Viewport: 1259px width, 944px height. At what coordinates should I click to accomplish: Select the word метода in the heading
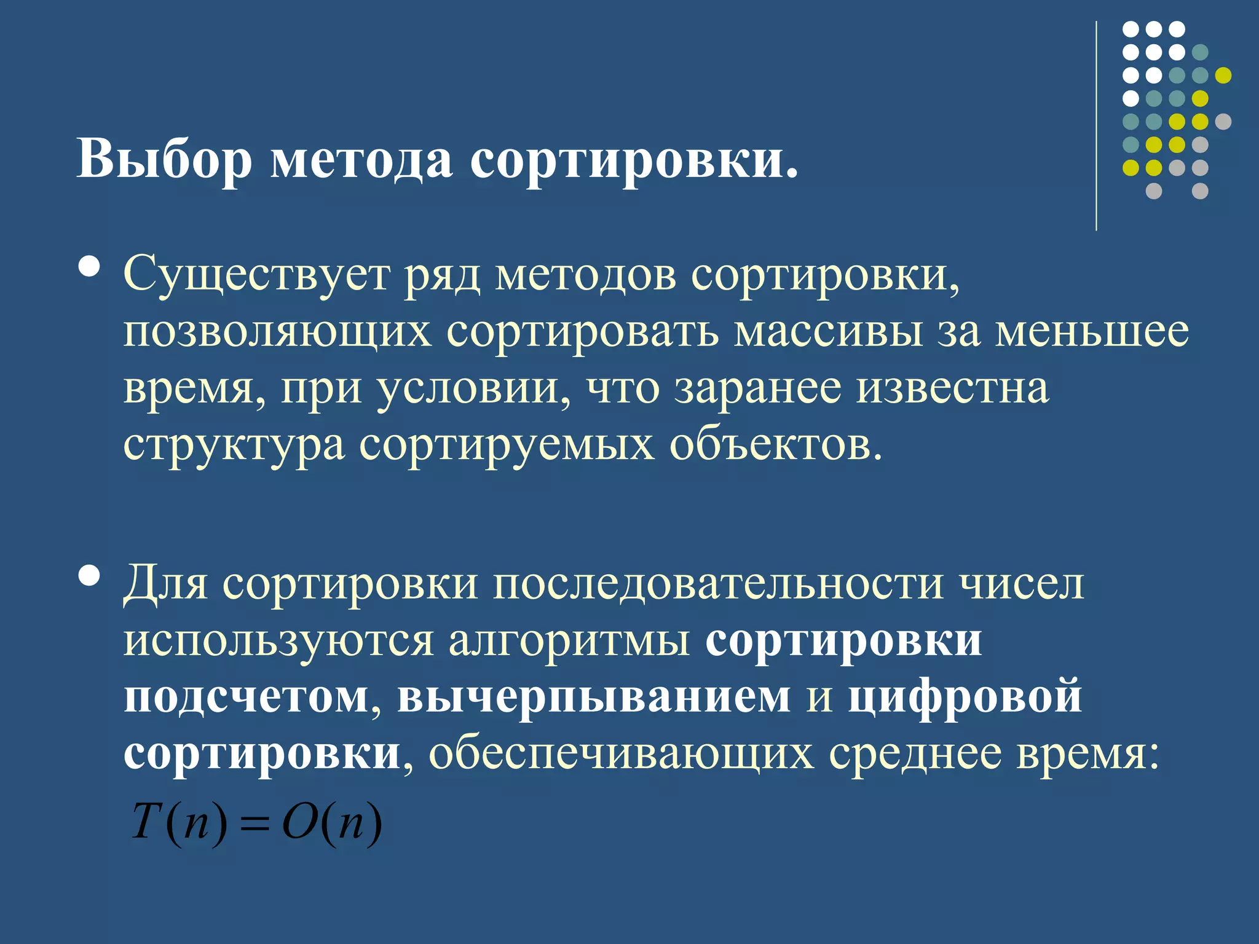pyautogui.click(x=361, y=160)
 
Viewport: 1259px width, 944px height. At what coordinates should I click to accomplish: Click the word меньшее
pyautogui.click(x=1092, y=331)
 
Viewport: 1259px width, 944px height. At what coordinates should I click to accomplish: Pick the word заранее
pyautogui.click(x=758, y=388)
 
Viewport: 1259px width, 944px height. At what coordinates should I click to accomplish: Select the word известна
pyautogui.click(x=953, y=388)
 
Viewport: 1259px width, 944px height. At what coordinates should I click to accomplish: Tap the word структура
pyautogui.click(x=234, y=445)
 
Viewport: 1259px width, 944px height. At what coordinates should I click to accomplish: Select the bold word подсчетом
pyautogui.click(x=247, y=698)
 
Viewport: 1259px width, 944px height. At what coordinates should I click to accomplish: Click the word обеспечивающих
pyautogui.click(x=621, y=753)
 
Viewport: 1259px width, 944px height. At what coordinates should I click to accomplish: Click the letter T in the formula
pyautogui.click(x=146, y=822)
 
